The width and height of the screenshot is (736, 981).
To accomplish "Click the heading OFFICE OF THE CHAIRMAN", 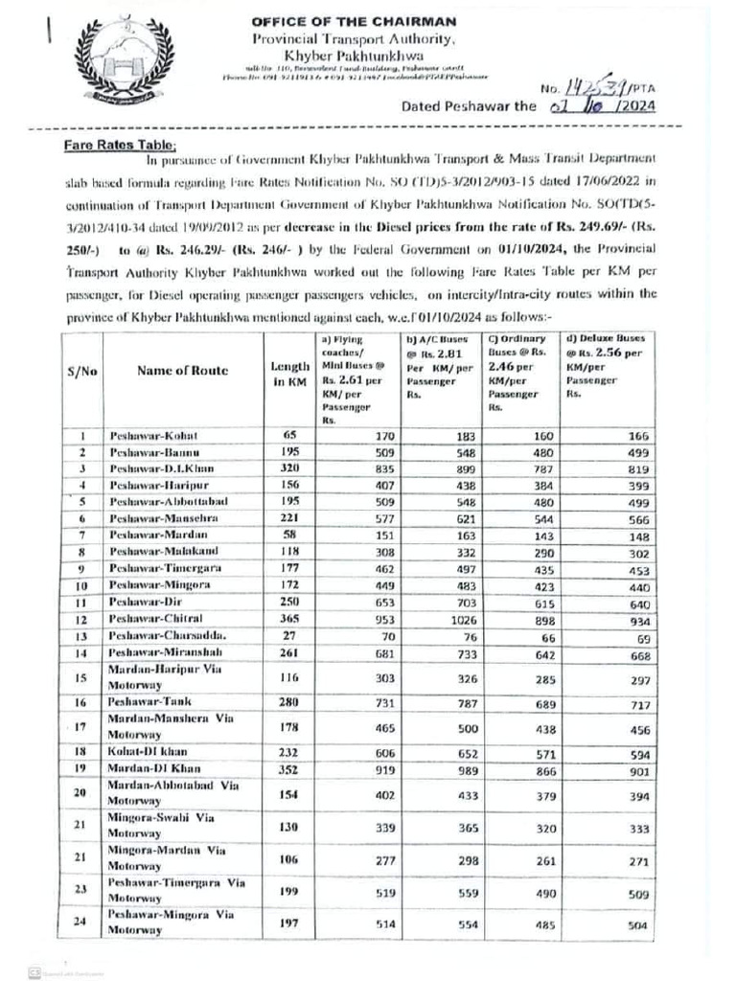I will point(354,21).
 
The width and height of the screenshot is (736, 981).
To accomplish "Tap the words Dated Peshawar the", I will point(468,106).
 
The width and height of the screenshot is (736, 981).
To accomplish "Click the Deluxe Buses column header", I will point(606,365).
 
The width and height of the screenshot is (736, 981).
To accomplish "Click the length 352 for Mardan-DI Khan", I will point(287,769).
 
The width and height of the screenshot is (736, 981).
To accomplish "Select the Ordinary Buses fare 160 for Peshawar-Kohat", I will point(543,436).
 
